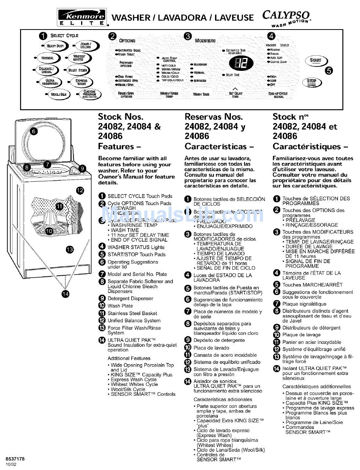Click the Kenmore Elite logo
pos(81,17)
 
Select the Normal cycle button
pos(47,58)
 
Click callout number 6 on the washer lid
pos(33,132)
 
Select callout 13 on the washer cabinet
pos(70,249)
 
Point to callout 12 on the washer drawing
pos(80,190)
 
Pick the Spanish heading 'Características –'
pos(219,147)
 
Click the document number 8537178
pos(15,459)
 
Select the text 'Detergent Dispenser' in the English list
pos(130,298)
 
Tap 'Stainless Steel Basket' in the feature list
pos(132,313)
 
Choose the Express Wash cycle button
pos(81,82)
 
